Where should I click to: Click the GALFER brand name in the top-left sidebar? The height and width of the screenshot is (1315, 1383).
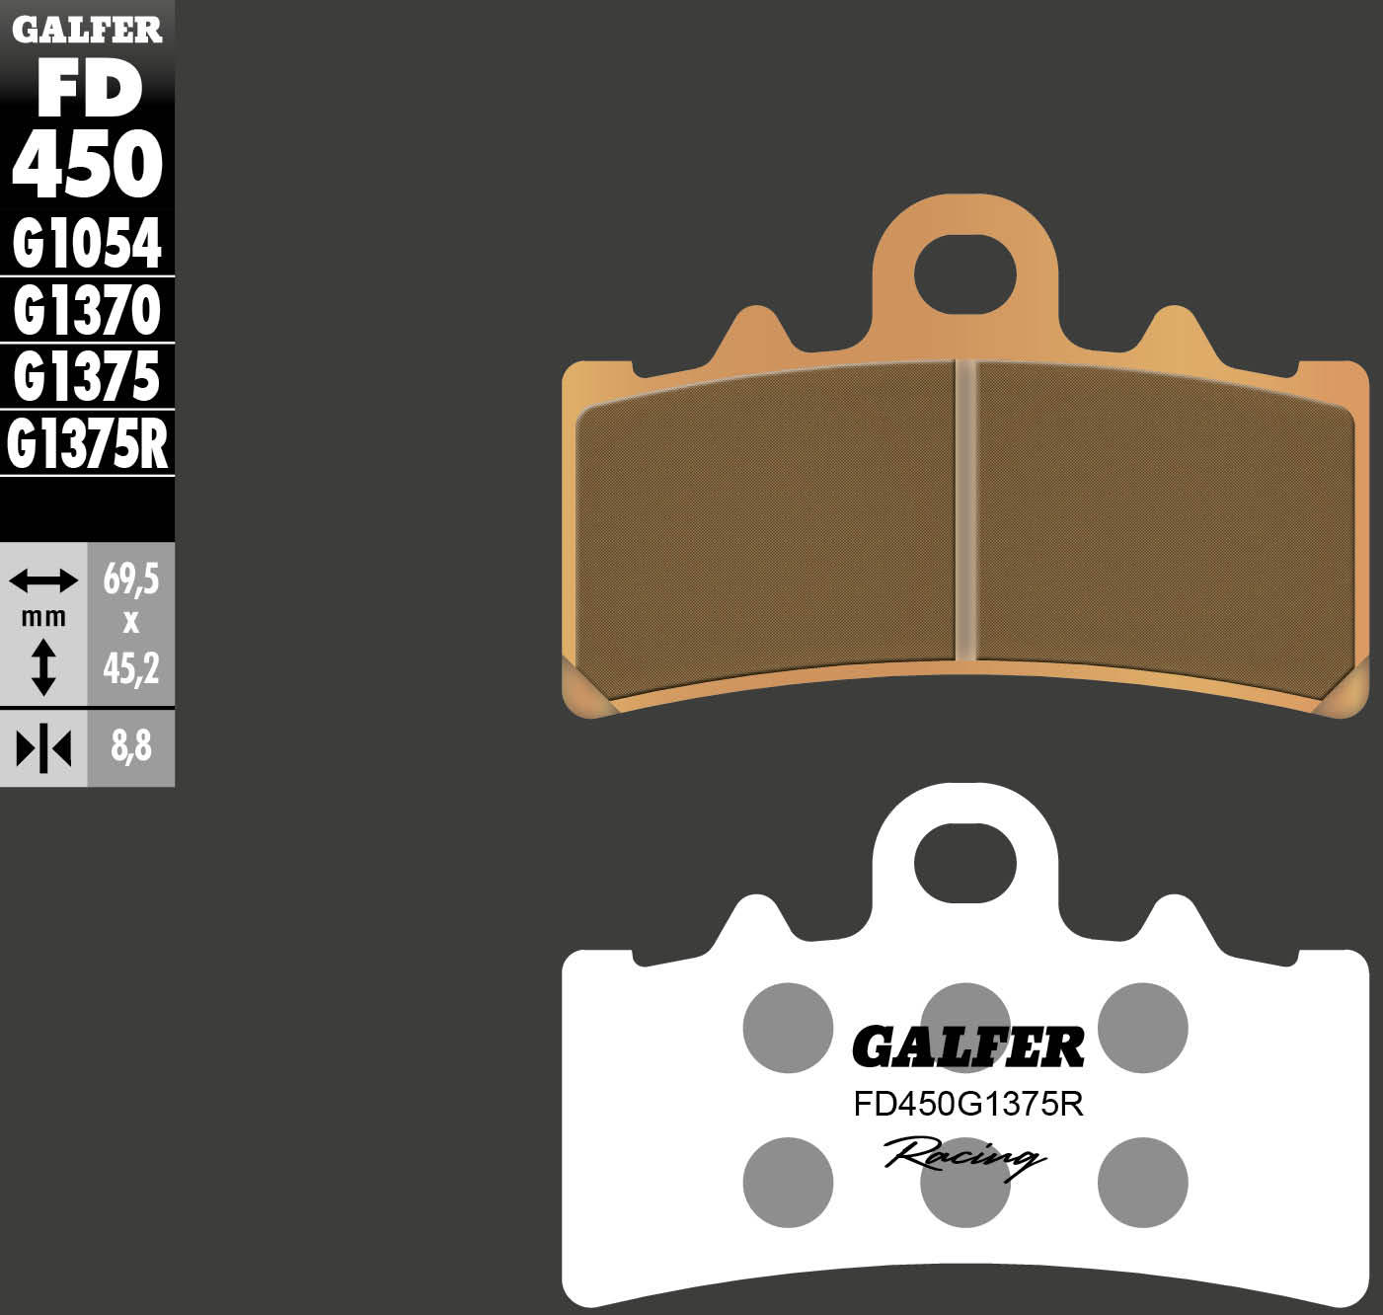(x=87, y=30)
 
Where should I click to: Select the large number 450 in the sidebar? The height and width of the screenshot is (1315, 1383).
(x=87, y=164)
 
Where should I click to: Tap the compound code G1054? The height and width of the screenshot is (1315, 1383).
(x=87, y=243)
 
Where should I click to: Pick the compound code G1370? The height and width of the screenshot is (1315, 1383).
(x=87, y=311)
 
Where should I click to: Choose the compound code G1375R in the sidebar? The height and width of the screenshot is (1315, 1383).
(x=87, y=445)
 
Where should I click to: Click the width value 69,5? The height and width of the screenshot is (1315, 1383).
(x=131, y=580)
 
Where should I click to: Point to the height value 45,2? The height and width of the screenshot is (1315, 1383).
(x=131, y=669)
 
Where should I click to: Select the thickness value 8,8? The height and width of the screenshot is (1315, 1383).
(x=131, y=747)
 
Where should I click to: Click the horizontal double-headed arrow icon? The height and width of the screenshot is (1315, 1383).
(x=43, y=580)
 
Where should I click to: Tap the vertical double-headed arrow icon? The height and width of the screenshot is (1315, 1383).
(x=43, y=666)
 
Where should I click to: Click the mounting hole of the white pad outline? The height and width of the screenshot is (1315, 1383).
(x=964, y=863)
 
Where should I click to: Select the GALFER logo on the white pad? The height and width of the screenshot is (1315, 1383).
(x=967, y=1047)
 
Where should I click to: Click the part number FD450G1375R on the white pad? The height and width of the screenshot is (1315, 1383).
(x=967, y=1105)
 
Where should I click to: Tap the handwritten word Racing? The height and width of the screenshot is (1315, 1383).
(x=963, y=1155)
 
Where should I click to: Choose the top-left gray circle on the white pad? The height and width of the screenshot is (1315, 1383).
(x=788, y=1028)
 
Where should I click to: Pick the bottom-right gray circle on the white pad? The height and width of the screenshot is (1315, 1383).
(x=1142, y=1182)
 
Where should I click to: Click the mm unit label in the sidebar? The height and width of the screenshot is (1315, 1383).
(x=43, y=618)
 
